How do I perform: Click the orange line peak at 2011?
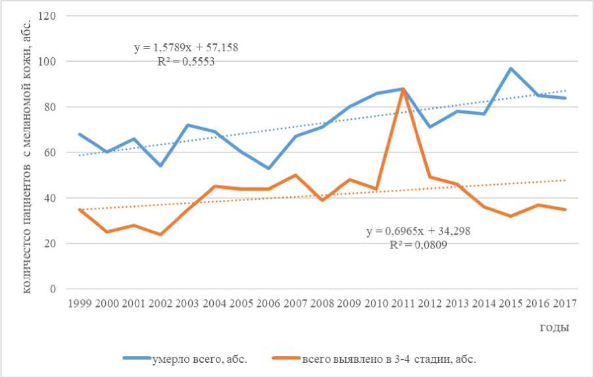point(402,89)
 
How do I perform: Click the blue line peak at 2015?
point(510,68)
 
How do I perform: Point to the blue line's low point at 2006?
point(268,168)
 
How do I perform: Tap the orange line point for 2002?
point(160,234)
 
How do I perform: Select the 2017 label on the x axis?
point(565,303)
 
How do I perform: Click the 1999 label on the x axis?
point(79,303)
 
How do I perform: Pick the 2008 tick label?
point(322,303)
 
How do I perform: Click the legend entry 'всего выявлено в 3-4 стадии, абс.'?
point(389,359)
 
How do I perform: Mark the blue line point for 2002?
point(160,166)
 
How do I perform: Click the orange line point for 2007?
point(295,176)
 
